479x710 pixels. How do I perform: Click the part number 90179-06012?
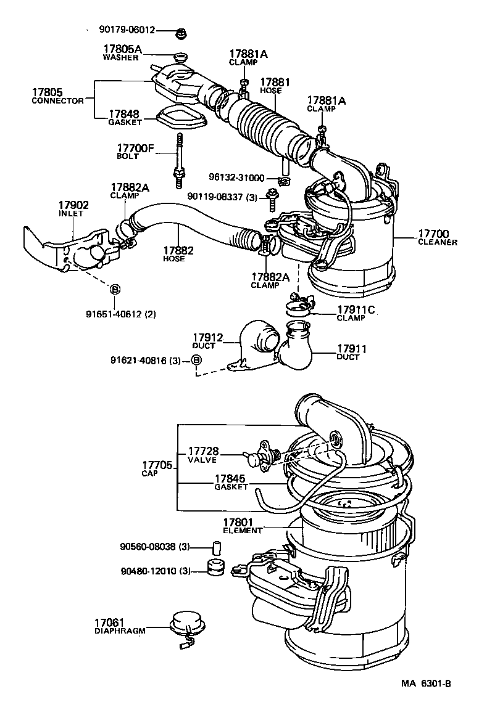pos(127,29)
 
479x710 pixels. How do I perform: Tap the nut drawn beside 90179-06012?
pos(181,30)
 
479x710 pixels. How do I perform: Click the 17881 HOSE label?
pos(270,85)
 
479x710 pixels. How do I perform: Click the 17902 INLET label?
pos(73,209)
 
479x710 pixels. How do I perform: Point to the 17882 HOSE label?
pos(178,254)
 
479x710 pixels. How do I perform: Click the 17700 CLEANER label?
pos(436,238)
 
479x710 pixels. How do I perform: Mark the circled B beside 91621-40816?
pos(196,360)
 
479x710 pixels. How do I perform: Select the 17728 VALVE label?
pos(203,455)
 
